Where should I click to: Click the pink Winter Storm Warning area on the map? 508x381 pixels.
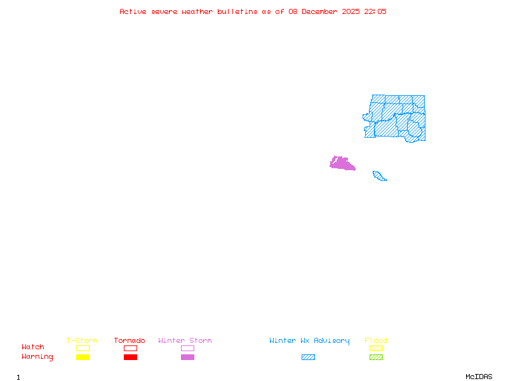[x=342, y=164]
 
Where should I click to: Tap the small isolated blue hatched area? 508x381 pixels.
[x=379, y=176]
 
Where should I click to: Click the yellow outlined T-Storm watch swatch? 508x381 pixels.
[x=83, y=348]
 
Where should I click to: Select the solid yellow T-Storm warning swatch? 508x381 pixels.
[x=83, y=358]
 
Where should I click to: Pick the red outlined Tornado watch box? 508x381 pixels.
[x=130, y=348]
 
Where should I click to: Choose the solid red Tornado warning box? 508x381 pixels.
[x=130, y=358]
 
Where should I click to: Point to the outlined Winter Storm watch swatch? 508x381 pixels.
[x=187, y=348]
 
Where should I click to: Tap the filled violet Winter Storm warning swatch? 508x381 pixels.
[x=187, y=358]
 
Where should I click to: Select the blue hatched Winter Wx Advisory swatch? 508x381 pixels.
[x=308, y=358]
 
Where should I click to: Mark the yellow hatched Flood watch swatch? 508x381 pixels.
[x=376, y=348]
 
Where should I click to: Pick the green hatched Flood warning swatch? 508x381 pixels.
[x=376, y=358]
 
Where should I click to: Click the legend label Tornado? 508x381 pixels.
[x=130, y=341]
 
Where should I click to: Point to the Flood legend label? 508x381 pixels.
[x=376, y=341]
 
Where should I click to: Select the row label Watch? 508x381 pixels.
[x=33, y=347]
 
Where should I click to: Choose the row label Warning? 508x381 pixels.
[x=37, y=357]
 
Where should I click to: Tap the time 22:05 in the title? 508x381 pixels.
[x=375, y=11]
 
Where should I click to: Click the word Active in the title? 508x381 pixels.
[x=133, y=11]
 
